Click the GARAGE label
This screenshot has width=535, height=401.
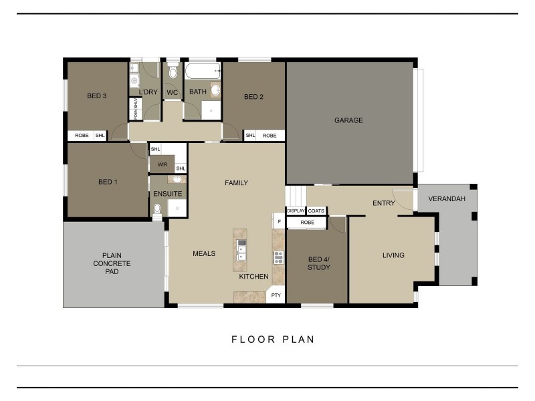(x=348, y=121)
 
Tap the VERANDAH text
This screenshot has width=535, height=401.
(x=447, y=198)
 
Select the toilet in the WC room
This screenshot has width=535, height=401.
(x=173, y=72)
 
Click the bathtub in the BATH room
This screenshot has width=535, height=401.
(x=202, y=70)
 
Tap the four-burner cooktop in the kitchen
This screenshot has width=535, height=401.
(x=278, y=257)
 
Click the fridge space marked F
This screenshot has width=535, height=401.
(x=279, y=220)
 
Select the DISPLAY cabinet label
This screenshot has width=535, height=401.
(x=296, y=211)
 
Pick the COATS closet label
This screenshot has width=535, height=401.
(x=316, y=211)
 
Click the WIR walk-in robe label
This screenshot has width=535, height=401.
(x=162, y=164)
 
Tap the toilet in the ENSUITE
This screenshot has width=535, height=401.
(x=157, y=210)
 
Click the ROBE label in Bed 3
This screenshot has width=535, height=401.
(x=82, y=136)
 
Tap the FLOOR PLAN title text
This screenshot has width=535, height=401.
(x=273, y=340)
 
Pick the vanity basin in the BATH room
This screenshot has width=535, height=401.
(x=215, y=90)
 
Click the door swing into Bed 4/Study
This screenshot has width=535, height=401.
(x=337, y=225)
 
